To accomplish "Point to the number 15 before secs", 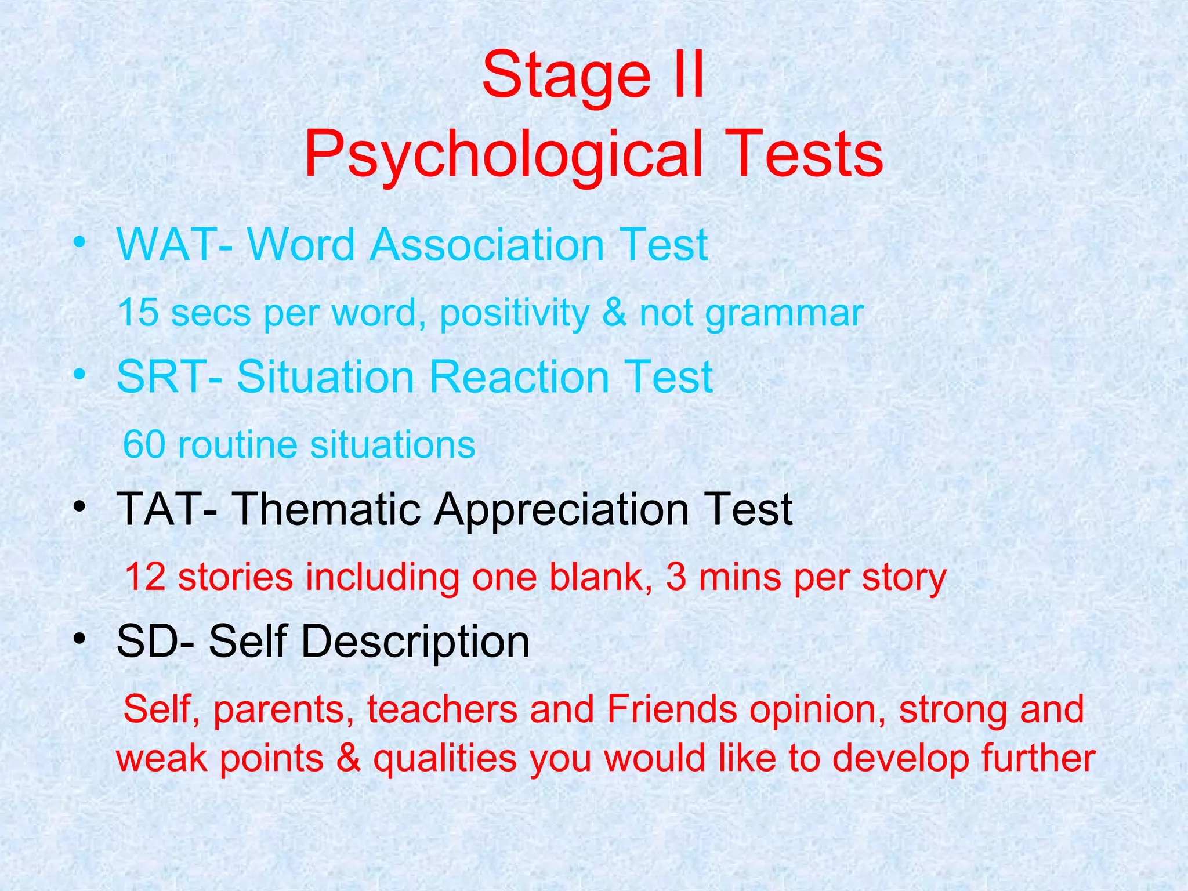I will (x=138, y=313).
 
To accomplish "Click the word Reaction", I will (x=519, y=377).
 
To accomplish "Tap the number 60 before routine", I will (x=144, y=445).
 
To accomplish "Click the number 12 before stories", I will (x=145, y=577).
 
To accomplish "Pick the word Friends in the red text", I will (x=672, y=709).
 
